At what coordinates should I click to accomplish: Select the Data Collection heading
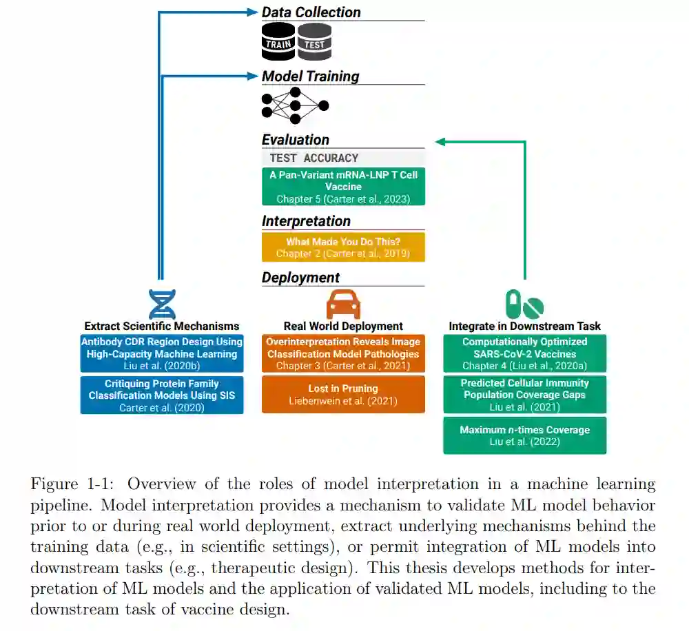click(311, 12)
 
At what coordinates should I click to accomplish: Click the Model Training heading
click(310, 76)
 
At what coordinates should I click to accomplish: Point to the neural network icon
click(294, 105)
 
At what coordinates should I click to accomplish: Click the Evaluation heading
click(296, 140)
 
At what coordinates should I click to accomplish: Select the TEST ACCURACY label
click(314, 158)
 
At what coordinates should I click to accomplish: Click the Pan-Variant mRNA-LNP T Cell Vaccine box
click(343, 186)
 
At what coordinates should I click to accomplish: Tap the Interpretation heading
click(306, 221)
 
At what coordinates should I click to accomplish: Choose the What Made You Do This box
click(343, 247)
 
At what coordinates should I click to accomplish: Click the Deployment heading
click(300, 278)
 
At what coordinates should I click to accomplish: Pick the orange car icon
click(343, 303)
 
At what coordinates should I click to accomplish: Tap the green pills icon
click(524, 303)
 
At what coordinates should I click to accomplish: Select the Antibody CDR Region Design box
click(162, 353)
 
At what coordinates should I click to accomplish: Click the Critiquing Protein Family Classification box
click(162, 395)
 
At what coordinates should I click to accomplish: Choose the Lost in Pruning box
click(343, 394)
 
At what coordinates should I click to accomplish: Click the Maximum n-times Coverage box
click(524, 435)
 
